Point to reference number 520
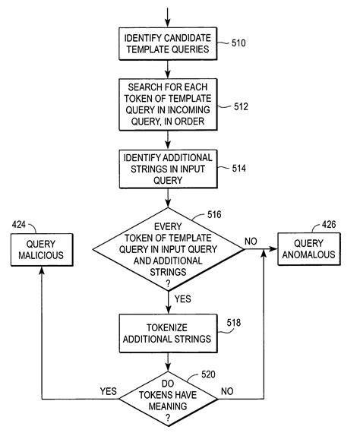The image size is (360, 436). click(x=210, y=374)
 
